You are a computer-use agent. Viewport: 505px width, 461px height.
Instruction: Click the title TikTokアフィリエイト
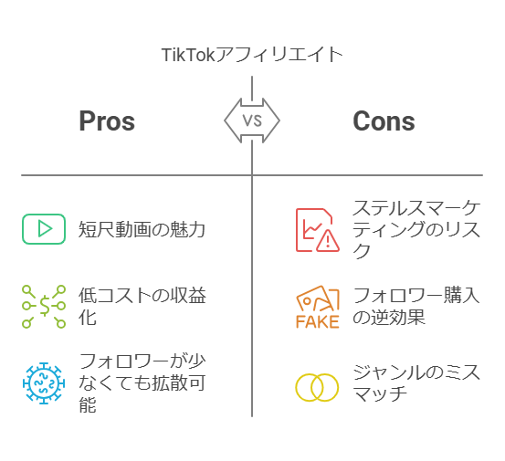[x=252, y=55]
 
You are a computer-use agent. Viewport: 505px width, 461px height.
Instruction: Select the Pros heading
[x=107, y=120]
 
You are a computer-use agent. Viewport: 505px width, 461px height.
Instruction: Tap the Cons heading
[x=384, y=120]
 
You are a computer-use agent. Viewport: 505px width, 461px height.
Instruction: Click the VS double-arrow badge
[x=252, y=120]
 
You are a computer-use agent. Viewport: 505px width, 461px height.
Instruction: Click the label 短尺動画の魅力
[x=142, y=229]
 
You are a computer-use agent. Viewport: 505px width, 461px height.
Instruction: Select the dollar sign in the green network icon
[x=45, y=306]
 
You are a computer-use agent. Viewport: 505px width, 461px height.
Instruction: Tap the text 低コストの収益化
[x=142, y=307]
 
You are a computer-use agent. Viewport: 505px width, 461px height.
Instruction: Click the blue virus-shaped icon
[x=44, y=382]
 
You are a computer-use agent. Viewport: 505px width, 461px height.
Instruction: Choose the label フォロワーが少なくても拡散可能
[x=142, y=382]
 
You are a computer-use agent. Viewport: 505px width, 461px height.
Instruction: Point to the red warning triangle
[x=328, y=240]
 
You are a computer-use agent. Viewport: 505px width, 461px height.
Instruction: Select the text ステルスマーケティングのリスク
[x=416, y=229]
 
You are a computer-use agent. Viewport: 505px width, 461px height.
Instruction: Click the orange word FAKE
[x=318, y=321]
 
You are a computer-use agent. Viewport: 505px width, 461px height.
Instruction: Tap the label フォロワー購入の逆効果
[x=416, y=306]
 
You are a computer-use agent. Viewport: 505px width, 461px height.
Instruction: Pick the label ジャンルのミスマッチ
[x=416, y=382]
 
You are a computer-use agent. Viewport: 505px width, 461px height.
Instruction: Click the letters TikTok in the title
[x=188, y=55]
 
